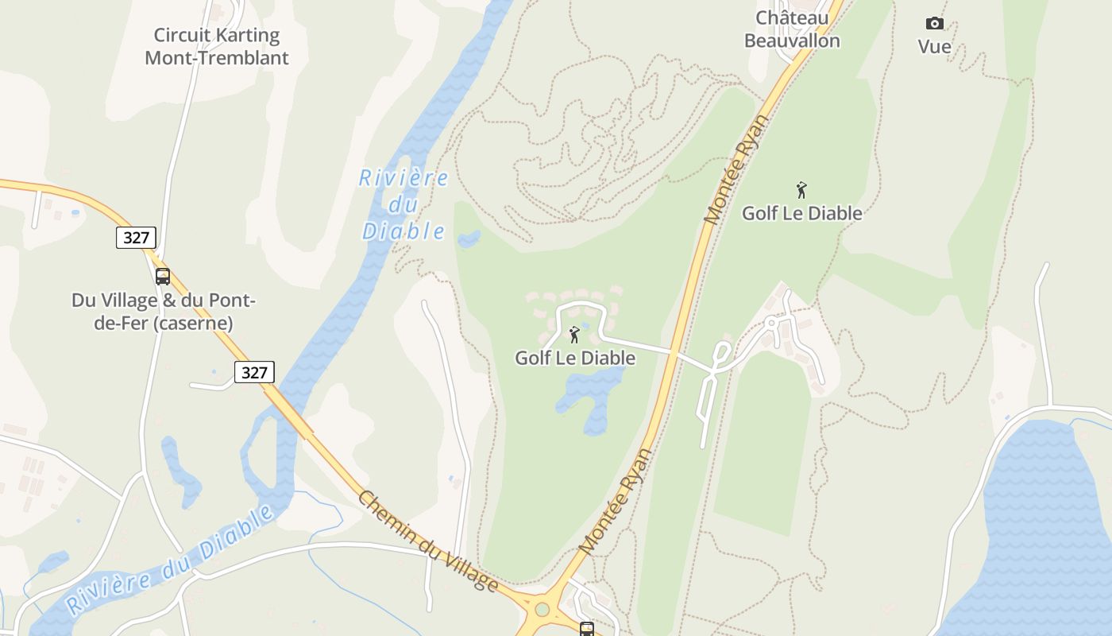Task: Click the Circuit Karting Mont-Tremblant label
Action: pos(216,46)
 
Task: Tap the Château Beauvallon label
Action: pos(791,29)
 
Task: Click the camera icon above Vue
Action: pos(935,23)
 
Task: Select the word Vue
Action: pos(935,47)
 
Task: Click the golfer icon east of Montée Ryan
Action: pos(801,190)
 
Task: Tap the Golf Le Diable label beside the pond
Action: pos(575,358)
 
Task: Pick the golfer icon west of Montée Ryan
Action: pos(574,335)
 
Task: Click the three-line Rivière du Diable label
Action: pos(403,204)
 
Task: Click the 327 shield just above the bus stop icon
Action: pos(136,237)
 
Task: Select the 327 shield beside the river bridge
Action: pos(254,372)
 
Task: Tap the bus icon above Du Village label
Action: pos(163,277)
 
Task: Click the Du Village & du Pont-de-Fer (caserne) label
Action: pos(163,312)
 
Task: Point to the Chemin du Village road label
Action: pos(427,541)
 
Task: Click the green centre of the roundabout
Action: pos(542,610)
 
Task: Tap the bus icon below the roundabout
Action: pos(586,629)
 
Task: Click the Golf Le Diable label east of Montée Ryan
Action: pos(801,213)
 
